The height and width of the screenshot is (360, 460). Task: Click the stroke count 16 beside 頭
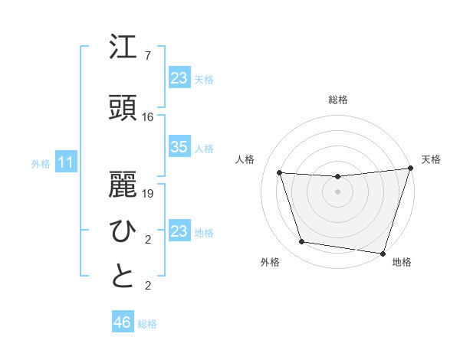tap(148, 117)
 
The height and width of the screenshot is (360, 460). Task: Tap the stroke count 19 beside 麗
tap(148, 194)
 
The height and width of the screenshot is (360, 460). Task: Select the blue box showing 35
tap(179, 147)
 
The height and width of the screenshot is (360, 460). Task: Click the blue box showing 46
tap(123, 322)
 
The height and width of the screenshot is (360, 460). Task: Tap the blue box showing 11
tap(66, 162)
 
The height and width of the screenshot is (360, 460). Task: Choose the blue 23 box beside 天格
tap(179, 78)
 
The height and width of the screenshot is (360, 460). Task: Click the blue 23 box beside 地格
tap(179, 231)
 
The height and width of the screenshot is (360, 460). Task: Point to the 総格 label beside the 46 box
tap(147, 324)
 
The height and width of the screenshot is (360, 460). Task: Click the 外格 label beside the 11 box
tap(41, 163)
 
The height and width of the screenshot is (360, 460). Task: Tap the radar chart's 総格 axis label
tap(338, 100)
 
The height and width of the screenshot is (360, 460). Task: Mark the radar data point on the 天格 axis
tap(410, 169)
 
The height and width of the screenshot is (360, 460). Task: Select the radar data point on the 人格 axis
tap(280, 173)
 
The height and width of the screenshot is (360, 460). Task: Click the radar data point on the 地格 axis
tap(383, 253)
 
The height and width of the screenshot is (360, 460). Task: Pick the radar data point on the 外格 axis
tap(302, 242)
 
